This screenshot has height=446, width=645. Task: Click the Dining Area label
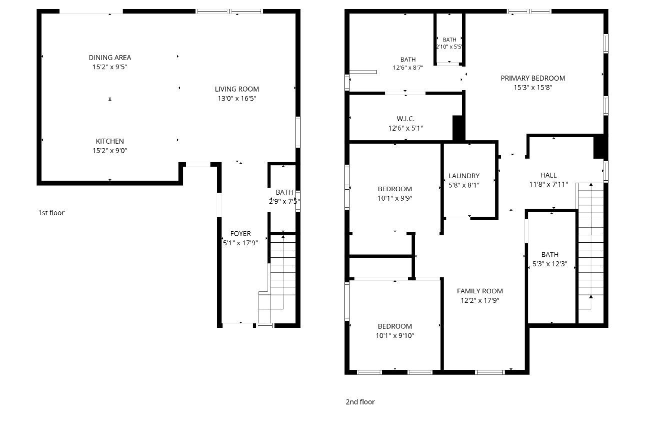[109, 58]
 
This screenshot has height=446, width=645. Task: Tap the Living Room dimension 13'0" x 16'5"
[236, 98]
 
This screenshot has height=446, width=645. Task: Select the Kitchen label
[109, 141]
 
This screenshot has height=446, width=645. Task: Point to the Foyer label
[240, 234]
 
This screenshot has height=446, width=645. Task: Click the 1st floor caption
[51, 213]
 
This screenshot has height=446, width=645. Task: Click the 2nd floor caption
[360, 402]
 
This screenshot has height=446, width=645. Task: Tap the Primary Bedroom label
[532, 78]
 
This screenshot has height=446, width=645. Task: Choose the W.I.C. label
[405, 119]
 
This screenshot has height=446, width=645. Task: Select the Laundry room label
[464, 176]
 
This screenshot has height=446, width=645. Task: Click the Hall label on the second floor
[548, 175]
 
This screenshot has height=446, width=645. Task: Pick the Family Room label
[479, 291]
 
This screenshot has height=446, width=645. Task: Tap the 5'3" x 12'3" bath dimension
[549, 264]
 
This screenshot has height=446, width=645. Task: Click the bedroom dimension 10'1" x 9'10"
[395, 335]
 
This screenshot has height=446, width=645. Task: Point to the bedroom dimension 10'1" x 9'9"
[395, 198]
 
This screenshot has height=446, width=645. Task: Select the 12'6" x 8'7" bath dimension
[408, 68]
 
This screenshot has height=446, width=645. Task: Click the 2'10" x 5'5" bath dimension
[449, 47]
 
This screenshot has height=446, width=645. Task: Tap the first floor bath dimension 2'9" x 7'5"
[284, 201]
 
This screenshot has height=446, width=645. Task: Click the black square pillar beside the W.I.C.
[458, 128]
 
